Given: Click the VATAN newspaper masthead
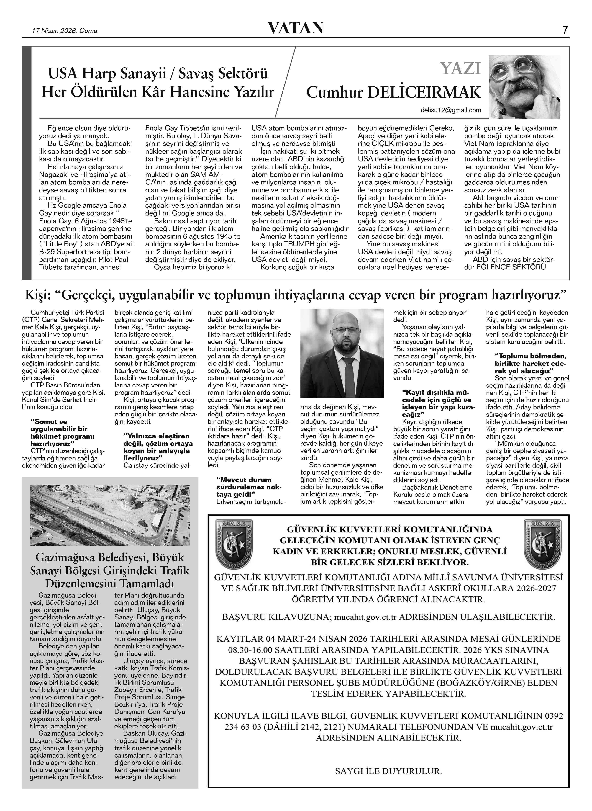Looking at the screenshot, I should pyautogui.click(x=296, y=28).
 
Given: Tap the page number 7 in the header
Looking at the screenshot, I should pyautogui.click(x=565, y=30).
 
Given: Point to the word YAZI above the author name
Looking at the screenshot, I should pyautogui.click(x=460, y=68).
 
